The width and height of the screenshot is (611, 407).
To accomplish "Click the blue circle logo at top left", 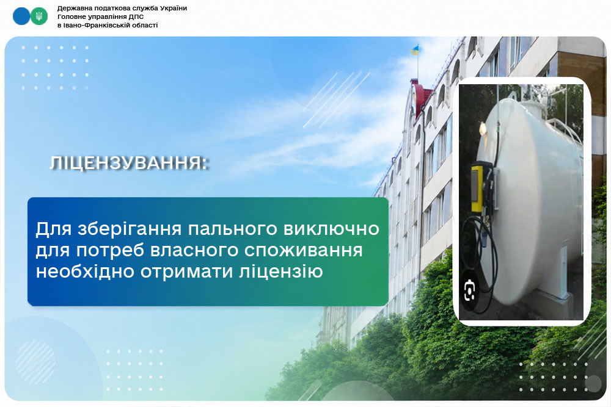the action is tap(21, 16).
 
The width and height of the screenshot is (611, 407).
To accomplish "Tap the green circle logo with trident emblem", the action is tap(39, 16).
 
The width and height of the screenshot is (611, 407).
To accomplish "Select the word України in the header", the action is tap(174, 8).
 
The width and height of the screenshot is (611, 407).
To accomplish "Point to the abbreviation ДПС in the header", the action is tap(136, 16).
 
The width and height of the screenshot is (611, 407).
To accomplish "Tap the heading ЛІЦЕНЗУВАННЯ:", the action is tap(129, 163).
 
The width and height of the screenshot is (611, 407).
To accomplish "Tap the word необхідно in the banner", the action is tap(86, 271).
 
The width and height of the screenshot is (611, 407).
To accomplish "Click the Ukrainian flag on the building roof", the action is tap(415, 50).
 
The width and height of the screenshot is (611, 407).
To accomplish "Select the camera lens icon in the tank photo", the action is tap(470, 290).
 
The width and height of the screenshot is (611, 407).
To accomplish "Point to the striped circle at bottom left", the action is tap(35, 361).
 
